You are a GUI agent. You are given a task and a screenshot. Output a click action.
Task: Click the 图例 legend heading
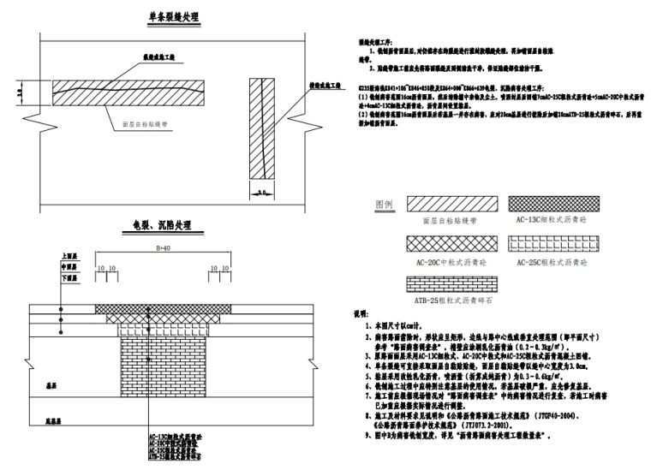[x=385, y=205]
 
